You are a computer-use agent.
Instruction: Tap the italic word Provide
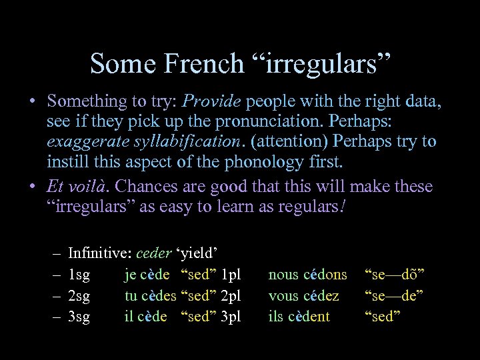point(212,102)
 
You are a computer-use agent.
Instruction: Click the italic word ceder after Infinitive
point(154,253)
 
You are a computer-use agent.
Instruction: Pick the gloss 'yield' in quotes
point(198,253)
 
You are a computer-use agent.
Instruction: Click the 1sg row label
point(79,275)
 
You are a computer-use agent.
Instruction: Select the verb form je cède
point(147,275)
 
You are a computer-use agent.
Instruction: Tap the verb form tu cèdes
point(151,295)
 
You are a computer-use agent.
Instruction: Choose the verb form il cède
point(146,316)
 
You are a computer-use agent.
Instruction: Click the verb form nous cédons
point(307,275)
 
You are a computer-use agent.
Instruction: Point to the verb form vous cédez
point(303,295)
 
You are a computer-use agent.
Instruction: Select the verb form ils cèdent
point(299,316)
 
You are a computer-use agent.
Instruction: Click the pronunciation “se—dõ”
point(395,275)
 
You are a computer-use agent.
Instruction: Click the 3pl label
point(230,316)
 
